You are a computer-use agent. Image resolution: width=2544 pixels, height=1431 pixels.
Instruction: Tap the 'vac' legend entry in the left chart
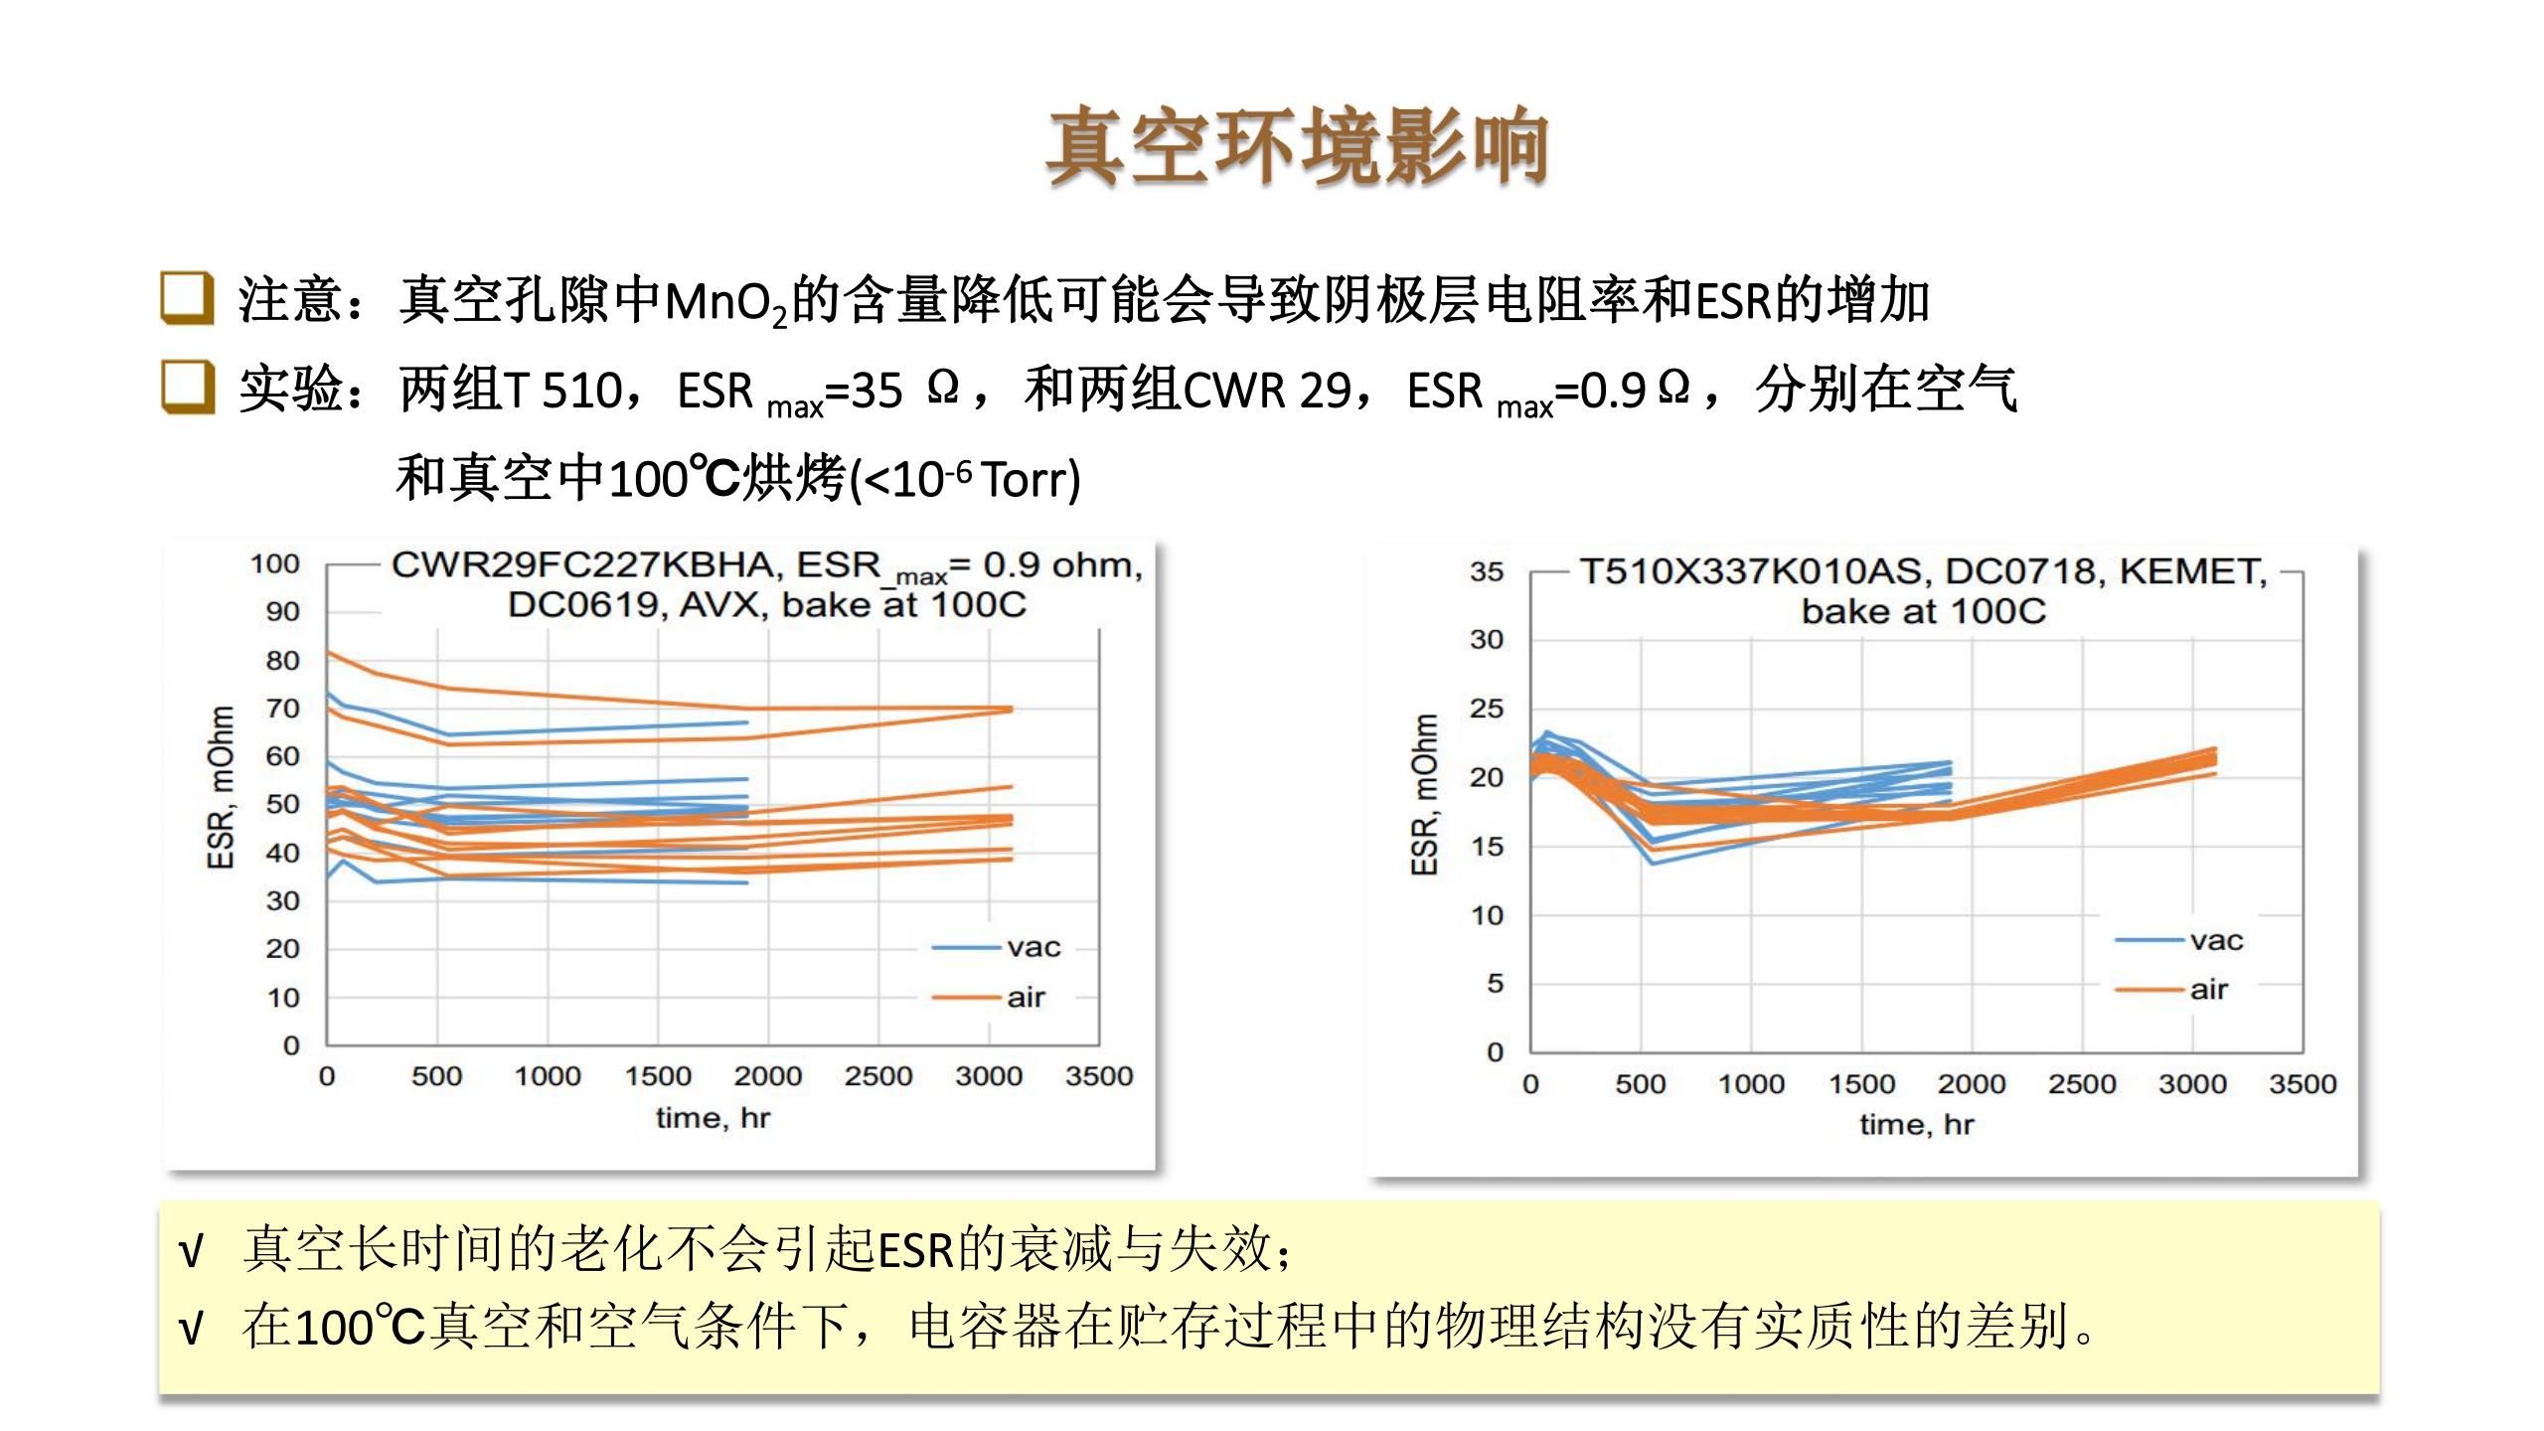(x=1033, y=948)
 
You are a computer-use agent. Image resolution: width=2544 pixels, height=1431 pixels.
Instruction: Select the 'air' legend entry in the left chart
(x=1026, y=997)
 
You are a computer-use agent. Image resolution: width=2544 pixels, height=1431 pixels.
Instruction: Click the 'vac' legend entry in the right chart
(x=2216, y=940)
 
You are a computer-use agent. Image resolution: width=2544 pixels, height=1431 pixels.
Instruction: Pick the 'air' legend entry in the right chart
(x=2209, y=990)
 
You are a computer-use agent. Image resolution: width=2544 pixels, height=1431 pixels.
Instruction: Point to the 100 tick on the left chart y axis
(x=274, y=564)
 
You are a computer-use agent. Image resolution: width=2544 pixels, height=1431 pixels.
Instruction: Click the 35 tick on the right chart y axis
(x=1487, y=572)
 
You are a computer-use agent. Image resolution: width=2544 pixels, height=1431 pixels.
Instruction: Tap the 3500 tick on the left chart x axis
(x=1098, y=1076)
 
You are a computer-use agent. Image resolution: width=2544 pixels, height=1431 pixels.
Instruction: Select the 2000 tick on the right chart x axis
(x=1972, y=1084)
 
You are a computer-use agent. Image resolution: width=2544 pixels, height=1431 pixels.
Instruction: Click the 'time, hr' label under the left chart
(x=713, y=1118)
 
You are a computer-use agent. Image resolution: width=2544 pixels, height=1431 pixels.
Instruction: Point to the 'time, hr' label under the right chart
(x=1916, y=1125)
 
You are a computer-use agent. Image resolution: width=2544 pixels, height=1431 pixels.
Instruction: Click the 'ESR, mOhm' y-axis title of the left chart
(x=221, y=787)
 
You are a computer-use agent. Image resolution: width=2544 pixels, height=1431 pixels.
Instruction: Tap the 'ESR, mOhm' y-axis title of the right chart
(x=1424, y=795)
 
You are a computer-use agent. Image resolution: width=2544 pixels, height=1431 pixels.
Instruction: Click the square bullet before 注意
(x=187, y=297)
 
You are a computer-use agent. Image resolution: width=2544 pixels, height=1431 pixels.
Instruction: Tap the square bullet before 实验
(x=187, y=387)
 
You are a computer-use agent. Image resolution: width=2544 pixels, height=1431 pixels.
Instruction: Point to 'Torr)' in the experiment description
(x=1031, y=480)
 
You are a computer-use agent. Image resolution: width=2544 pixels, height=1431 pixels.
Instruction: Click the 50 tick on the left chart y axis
(x=282, y=804)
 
